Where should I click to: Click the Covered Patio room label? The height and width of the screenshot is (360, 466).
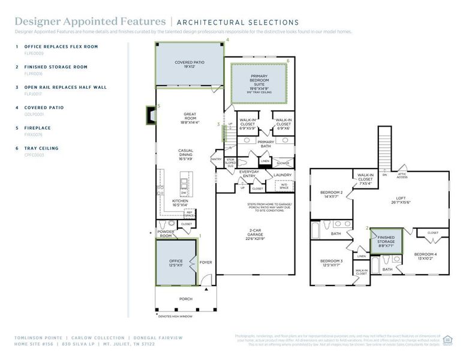tap(190, 65)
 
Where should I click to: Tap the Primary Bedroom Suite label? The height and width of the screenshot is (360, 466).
tap(259, 80)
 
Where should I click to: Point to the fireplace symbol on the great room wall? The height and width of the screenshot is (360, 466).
tap(150, 114)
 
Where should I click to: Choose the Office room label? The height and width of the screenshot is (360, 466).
tap(176, 263)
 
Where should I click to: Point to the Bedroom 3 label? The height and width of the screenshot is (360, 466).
tap(331, 263)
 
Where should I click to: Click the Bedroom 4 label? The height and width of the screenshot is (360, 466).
tap(425, 256)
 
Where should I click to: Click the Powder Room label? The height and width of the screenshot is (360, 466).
tap(166, 233)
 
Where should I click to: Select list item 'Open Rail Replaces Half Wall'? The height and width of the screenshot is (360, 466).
tap(65, 87)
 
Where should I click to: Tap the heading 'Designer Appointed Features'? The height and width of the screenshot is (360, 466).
tap(90, 22)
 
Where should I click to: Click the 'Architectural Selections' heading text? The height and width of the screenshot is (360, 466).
tap(238, 23)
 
